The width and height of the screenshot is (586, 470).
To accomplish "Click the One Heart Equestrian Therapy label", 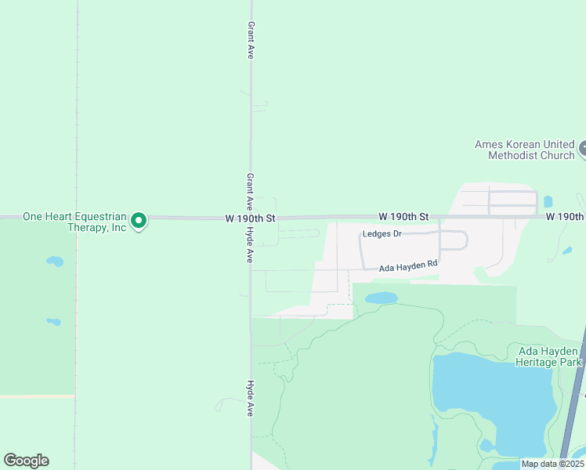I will point(74,222).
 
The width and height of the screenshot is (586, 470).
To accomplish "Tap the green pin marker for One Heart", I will point(139,222).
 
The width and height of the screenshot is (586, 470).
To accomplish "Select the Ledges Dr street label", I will point(382,234).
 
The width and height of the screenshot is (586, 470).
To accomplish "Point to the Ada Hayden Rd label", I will point(407,267).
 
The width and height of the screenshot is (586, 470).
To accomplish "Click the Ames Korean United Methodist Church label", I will point(524,150).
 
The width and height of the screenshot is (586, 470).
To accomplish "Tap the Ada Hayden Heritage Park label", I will point(548,356).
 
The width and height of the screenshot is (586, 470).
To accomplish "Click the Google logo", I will point(26,461).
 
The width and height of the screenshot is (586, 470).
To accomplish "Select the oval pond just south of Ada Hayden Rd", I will point(381,298).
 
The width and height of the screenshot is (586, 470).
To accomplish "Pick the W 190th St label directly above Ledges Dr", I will point(404,216).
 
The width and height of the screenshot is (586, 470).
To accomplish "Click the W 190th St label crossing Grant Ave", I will point(250,218).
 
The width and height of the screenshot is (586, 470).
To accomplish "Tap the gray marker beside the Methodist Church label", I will point(582,148).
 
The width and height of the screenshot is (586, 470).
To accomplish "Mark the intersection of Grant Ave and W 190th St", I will point(250,218).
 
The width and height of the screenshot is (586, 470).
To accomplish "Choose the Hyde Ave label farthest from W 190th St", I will point(250,398).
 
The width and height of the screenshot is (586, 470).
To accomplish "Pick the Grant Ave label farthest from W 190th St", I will point(251,41).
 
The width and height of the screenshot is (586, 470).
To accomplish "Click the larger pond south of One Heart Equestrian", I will point(54,261).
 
